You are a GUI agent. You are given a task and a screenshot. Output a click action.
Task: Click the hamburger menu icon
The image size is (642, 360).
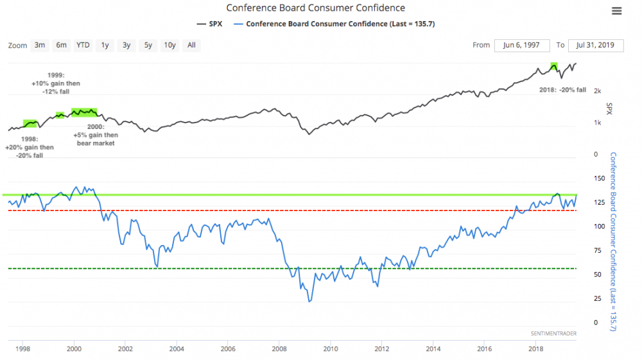click(x=617, y=11)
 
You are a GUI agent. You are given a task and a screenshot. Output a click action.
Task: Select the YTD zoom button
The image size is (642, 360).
click(x=83, y=45)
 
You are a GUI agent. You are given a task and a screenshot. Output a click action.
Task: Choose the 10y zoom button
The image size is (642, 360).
click(x=170, y=45)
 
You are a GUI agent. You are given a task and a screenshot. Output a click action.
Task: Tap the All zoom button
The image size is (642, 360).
click(x=191, y=45)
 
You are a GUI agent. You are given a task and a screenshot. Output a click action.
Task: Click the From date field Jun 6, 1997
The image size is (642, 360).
click(x=522, y=45)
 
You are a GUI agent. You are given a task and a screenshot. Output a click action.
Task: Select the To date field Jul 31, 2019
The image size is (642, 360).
click(x=596, y=45)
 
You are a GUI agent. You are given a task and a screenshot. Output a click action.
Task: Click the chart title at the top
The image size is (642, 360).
click(x=315, y=8)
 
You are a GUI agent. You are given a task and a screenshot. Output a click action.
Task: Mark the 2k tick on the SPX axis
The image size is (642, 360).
click(x=597, y=90)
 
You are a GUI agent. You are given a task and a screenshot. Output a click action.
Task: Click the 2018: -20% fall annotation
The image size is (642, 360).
click(x=562, y=90)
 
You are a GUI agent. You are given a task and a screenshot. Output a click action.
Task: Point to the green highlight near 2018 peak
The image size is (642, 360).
click(x=553, y=65)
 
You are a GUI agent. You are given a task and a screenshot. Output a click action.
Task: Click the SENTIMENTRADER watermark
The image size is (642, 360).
click(x=553, y=334)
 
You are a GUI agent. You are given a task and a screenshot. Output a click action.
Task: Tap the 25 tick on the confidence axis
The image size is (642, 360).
click(x=599, y=298)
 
